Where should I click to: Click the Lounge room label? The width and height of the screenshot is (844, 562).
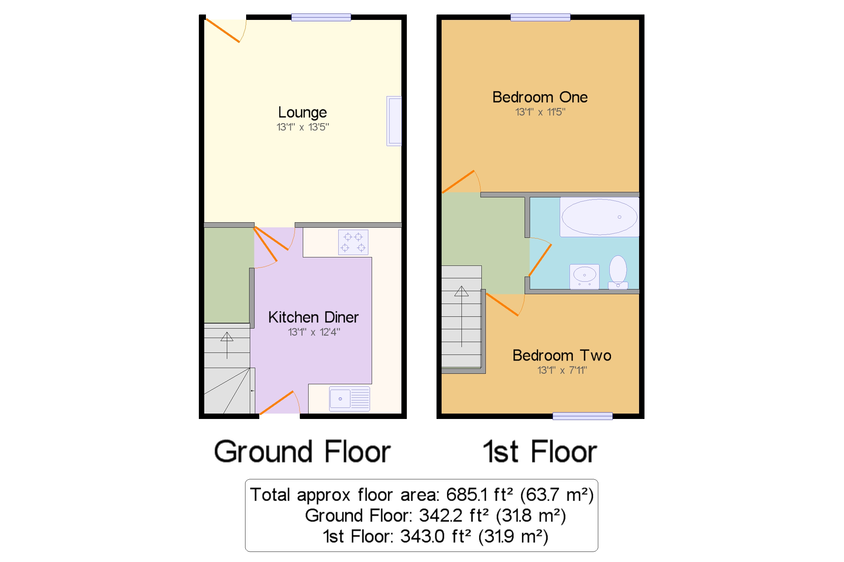302,113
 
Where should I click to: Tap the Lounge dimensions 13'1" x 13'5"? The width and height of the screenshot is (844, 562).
302,127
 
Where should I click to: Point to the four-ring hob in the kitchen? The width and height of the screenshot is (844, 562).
353,242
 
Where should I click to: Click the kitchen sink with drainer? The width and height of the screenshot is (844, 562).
349,399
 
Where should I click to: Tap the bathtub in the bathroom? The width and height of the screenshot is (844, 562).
599,217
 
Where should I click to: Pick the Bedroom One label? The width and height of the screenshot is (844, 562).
539,97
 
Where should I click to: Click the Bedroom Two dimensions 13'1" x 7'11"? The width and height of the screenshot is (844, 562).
562,370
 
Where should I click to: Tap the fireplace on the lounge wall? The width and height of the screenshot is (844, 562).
394,121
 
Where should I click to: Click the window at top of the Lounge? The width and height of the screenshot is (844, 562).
321,17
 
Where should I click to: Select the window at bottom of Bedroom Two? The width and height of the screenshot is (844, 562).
582,416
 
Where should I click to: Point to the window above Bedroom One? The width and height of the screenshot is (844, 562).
540,17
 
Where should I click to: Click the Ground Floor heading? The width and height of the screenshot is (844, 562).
302,452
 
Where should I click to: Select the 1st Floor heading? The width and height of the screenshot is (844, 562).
539,452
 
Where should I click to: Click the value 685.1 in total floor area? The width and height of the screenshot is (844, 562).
466,495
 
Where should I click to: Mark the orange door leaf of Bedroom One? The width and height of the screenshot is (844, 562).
458,182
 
